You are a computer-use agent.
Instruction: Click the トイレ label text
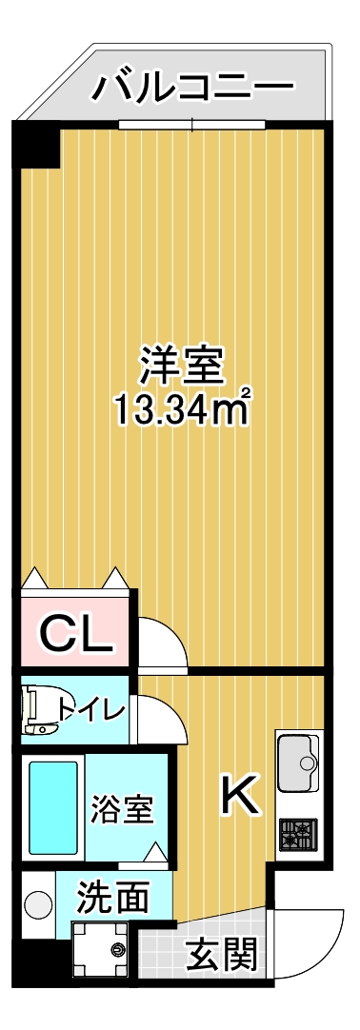click(90, 710)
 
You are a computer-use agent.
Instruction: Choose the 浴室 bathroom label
click(122, 810)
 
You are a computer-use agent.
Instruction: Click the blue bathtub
click(51, 806)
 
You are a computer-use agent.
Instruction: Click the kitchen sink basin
click(299, 762)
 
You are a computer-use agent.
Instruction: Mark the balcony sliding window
click(191, 124)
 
